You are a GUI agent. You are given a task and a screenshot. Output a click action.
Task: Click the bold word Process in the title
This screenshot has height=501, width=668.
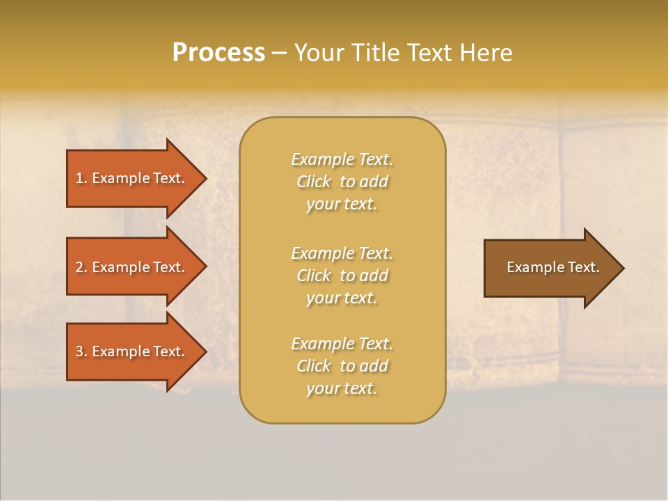[218, 53]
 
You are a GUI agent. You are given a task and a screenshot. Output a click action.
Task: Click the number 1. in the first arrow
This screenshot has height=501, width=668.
[81, 179]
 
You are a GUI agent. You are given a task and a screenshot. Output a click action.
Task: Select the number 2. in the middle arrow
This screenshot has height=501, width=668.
[81, 267]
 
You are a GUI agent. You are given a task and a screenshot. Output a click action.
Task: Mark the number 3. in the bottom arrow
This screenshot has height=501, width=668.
[81, 351]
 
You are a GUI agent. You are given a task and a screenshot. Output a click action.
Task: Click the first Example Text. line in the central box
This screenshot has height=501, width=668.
[342, 159]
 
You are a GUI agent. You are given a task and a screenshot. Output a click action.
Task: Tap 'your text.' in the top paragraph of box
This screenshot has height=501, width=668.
[342, 205]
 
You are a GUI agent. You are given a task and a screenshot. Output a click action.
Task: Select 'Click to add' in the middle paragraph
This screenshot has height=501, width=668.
[342, 276]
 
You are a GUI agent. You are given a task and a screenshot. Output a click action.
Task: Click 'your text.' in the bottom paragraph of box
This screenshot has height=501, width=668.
[342, 389]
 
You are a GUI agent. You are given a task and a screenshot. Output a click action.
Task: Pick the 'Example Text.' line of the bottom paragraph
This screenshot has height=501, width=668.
[342, 344]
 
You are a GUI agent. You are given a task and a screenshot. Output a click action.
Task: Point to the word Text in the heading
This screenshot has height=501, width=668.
[433, 53]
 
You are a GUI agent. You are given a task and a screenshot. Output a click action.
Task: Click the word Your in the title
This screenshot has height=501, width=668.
[317, 53]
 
